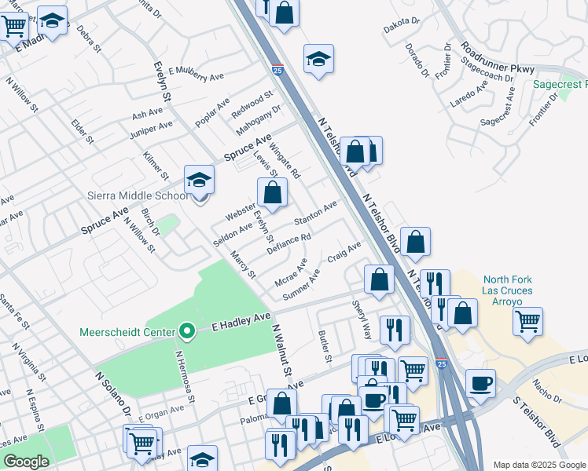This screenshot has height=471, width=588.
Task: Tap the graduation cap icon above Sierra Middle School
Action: tap(200, 181)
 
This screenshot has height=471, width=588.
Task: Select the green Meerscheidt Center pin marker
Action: tap(186, 331)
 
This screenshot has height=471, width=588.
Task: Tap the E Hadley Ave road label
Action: tap(241, 323)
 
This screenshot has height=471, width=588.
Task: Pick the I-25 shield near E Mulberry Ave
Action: tap(277, 71)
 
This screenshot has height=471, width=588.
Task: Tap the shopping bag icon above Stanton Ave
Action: tap(272, 193)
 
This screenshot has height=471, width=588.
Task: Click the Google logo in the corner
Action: tap(26, 462)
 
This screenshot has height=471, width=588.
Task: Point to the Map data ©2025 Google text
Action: tap(539, 465)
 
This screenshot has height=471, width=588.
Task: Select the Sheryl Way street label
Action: tap(362, 318)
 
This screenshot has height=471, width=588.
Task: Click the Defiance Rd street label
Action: tap(289, 243)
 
